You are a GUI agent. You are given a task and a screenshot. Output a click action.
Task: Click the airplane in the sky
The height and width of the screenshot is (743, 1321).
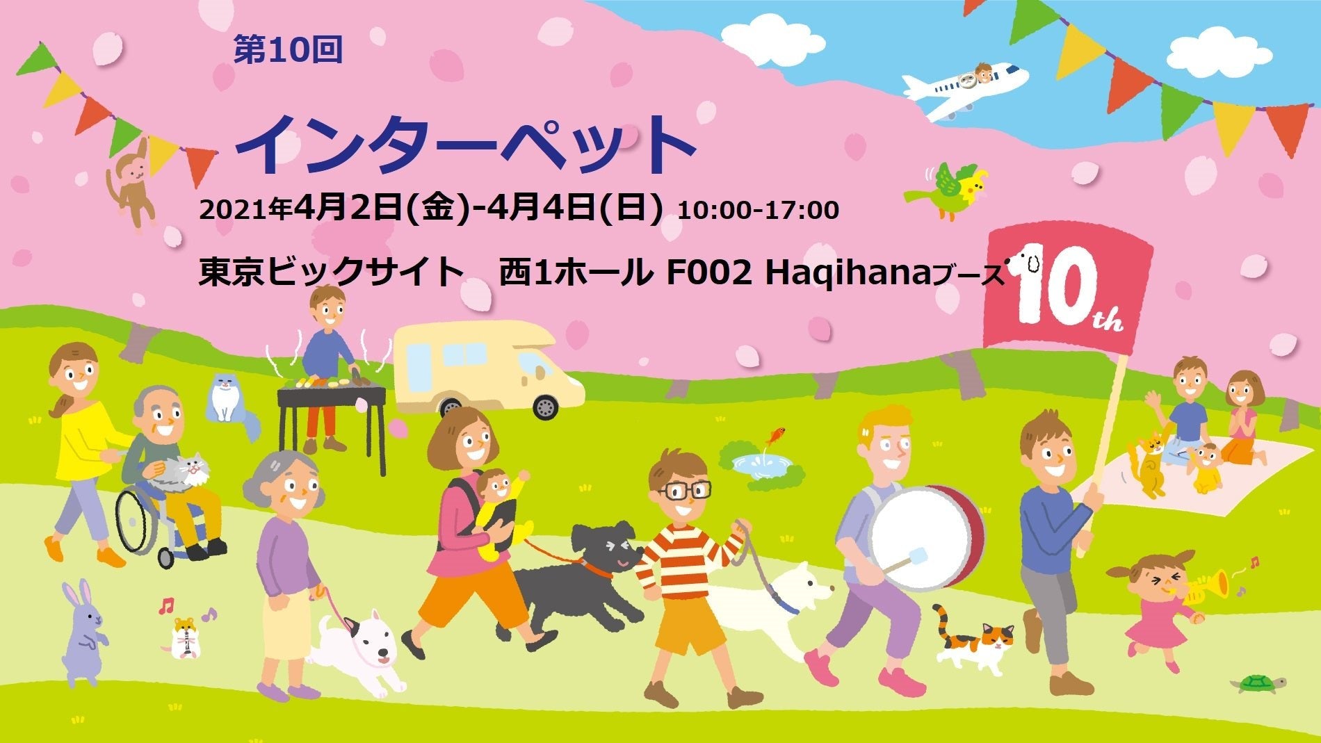point(963,89)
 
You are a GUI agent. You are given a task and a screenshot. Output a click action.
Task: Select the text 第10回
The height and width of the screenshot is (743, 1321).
point(288,50)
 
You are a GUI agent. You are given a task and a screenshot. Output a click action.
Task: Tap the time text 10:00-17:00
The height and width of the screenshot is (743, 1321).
point(758,209)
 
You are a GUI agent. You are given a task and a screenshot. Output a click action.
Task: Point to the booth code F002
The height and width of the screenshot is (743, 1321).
point(709,272)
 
